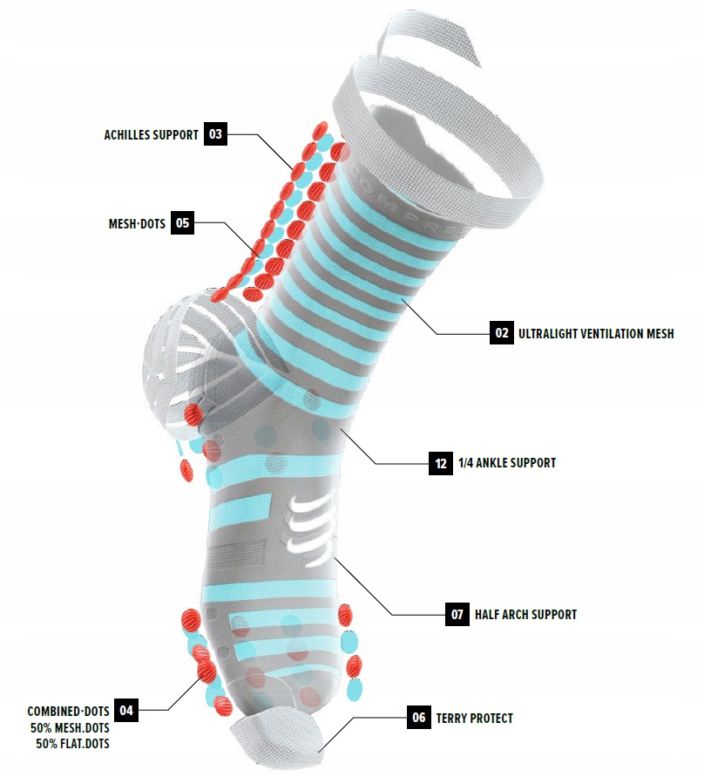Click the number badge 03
pos(215,134)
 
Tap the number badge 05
pos(182,222)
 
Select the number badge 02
pos(501,332)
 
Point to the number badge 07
pos(457,614)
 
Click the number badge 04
pos(126,711)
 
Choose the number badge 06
pos(419,718)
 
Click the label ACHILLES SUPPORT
pos(151,135)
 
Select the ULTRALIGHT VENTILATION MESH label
pos(596,333)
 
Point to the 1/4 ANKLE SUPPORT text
pos(506,463)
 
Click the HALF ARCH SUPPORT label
pos(525,615)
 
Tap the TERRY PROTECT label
pos(477,719)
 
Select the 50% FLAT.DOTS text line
pos(73,744)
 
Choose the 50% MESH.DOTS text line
pos(70,727)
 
